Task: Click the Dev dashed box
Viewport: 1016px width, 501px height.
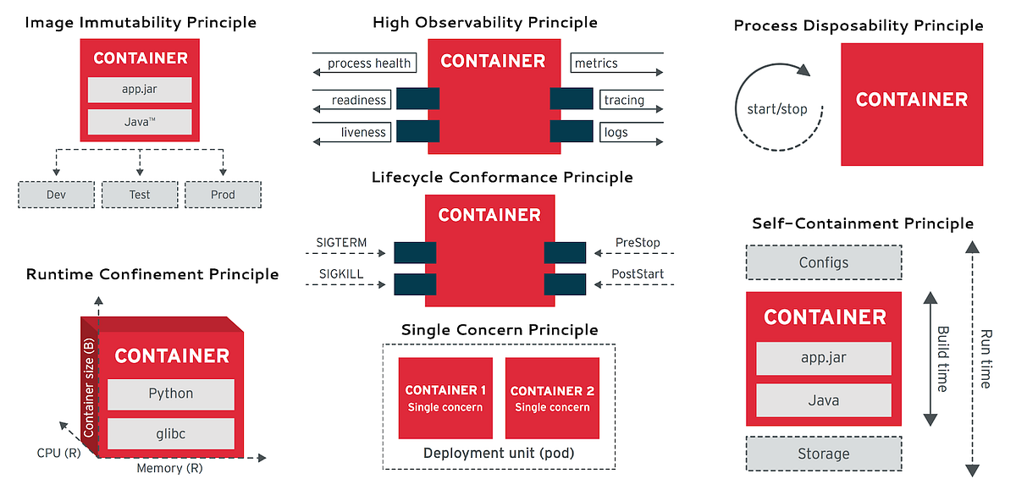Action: click(x=57, y=195)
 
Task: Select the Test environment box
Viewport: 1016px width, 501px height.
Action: click(x=140, y=195)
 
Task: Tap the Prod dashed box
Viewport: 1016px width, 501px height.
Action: click(x=223, y=195)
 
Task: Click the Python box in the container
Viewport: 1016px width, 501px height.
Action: click(x=171, y=394)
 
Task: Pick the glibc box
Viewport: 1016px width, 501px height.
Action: click(x=171, y=434)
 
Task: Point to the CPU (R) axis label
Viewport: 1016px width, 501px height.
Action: click(x=60, y=453)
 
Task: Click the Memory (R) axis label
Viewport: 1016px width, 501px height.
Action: click(x=169, y=468)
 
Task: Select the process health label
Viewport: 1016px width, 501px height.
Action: click(x=369, y=63)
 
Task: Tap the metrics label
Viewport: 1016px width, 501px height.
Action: click(x=597, y=63)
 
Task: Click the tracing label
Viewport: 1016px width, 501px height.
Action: click(x=624, y=101)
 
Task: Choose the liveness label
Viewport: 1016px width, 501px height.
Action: click(x=363, y=132)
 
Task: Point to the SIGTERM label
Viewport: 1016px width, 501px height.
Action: click(x=343, y=243)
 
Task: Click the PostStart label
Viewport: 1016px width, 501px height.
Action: click(x=638, y=274)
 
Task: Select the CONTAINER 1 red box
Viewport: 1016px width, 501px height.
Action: click(x=445, y=398)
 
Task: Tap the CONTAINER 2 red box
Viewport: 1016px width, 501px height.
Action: click(x=552, y=398)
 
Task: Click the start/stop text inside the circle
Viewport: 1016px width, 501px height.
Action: click(x=777, y=109)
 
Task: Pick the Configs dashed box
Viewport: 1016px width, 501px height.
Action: click(x=824, y=262)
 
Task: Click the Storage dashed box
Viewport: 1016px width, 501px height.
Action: click(x=824, y=454)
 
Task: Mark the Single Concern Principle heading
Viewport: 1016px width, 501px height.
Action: click(x=500, y=330)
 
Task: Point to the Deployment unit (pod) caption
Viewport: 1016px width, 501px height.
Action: click(x=499, y=454)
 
